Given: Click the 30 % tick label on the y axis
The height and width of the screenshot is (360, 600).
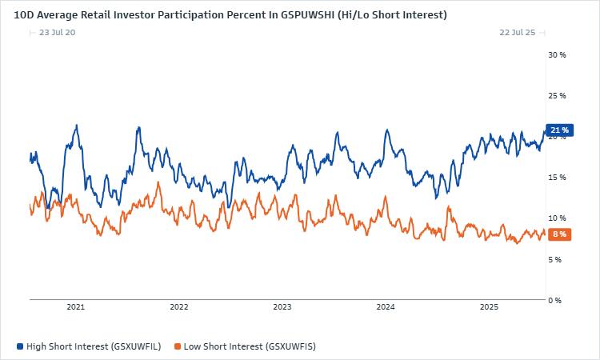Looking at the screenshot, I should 557,55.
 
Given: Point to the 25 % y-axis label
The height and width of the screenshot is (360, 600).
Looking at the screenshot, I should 557,96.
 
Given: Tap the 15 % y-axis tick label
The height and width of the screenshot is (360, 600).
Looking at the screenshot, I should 557,178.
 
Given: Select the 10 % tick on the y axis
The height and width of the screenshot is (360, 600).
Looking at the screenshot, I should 557,218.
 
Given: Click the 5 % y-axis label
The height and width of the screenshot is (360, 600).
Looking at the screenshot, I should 555,259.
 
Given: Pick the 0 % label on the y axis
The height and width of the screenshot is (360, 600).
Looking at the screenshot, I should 555,300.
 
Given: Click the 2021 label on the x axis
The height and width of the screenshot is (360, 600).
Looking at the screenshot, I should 76,307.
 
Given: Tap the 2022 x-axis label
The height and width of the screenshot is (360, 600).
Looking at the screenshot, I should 179,307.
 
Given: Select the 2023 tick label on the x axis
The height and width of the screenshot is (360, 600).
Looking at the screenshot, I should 282,307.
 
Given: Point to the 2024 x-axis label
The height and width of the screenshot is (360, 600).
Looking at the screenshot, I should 386,307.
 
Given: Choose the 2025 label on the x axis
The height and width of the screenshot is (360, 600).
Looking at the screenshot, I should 489,307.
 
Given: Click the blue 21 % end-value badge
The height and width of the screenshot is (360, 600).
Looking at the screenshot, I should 559,130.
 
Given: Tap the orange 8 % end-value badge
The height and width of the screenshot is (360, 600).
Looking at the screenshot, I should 559,234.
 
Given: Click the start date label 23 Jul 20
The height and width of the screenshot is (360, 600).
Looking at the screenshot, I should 58,32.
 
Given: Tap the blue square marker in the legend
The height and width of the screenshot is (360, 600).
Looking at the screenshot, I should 20,346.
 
